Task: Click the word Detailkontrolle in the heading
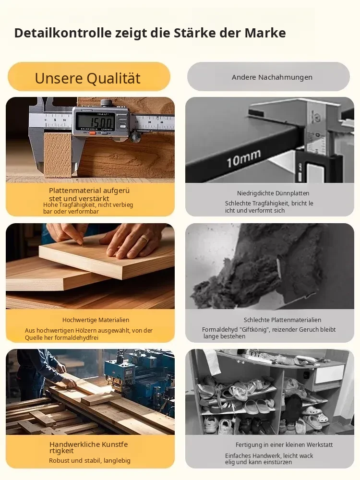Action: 63,33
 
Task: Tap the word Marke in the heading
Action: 265,33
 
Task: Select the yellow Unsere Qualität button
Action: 89,76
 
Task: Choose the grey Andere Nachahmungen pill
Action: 268,76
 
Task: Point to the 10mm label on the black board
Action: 244,158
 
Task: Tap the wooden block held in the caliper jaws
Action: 58,155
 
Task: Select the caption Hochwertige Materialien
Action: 96,320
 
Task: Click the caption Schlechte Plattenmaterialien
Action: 282,320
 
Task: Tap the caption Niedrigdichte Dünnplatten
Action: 273,193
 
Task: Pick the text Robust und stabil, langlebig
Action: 90,460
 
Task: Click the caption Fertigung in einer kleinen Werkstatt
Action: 284,444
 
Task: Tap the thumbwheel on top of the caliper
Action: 106,102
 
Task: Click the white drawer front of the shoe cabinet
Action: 329,375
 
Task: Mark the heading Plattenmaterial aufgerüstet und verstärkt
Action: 89,194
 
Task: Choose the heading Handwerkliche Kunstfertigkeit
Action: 88,447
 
